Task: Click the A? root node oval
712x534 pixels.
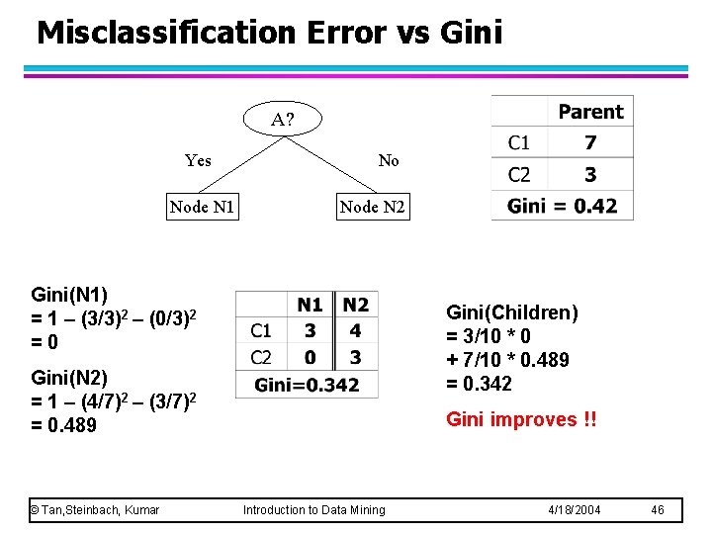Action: [283, 119]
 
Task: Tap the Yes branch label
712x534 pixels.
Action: [198, 160]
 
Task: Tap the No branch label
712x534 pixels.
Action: [389, 160]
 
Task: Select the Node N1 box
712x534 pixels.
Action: [202, 207]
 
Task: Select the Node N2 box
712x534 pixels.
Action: [372, 207]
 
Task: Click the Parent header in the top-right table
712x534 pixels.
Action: [590, 112]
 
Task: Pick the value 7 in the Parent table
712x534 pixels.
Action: [590, 143]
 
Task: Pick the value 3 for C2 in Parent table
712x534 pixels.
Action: [590, 175]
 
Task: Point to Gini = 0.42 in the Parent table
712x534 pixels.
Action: [562, 206]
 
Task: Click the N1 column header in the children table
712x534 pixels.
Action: [311, 305]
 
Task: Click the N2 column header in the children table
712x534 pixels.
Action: [356, 305]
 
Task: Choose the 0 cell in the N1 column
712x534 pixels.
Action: [311, 357]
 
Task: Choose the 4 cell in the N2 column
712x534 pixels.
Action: [356, 331]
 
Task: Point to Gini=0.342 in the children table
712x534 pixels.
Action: [307, 385]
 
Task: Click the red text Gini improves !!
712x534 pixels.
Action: [521, 419]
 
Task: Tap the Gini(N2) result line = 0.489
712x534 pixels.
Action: [64, 425]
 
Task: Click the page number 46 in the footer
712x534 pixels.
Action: [660, 510]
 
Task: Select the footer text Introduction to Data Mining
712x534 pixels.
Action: [314, 510]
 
